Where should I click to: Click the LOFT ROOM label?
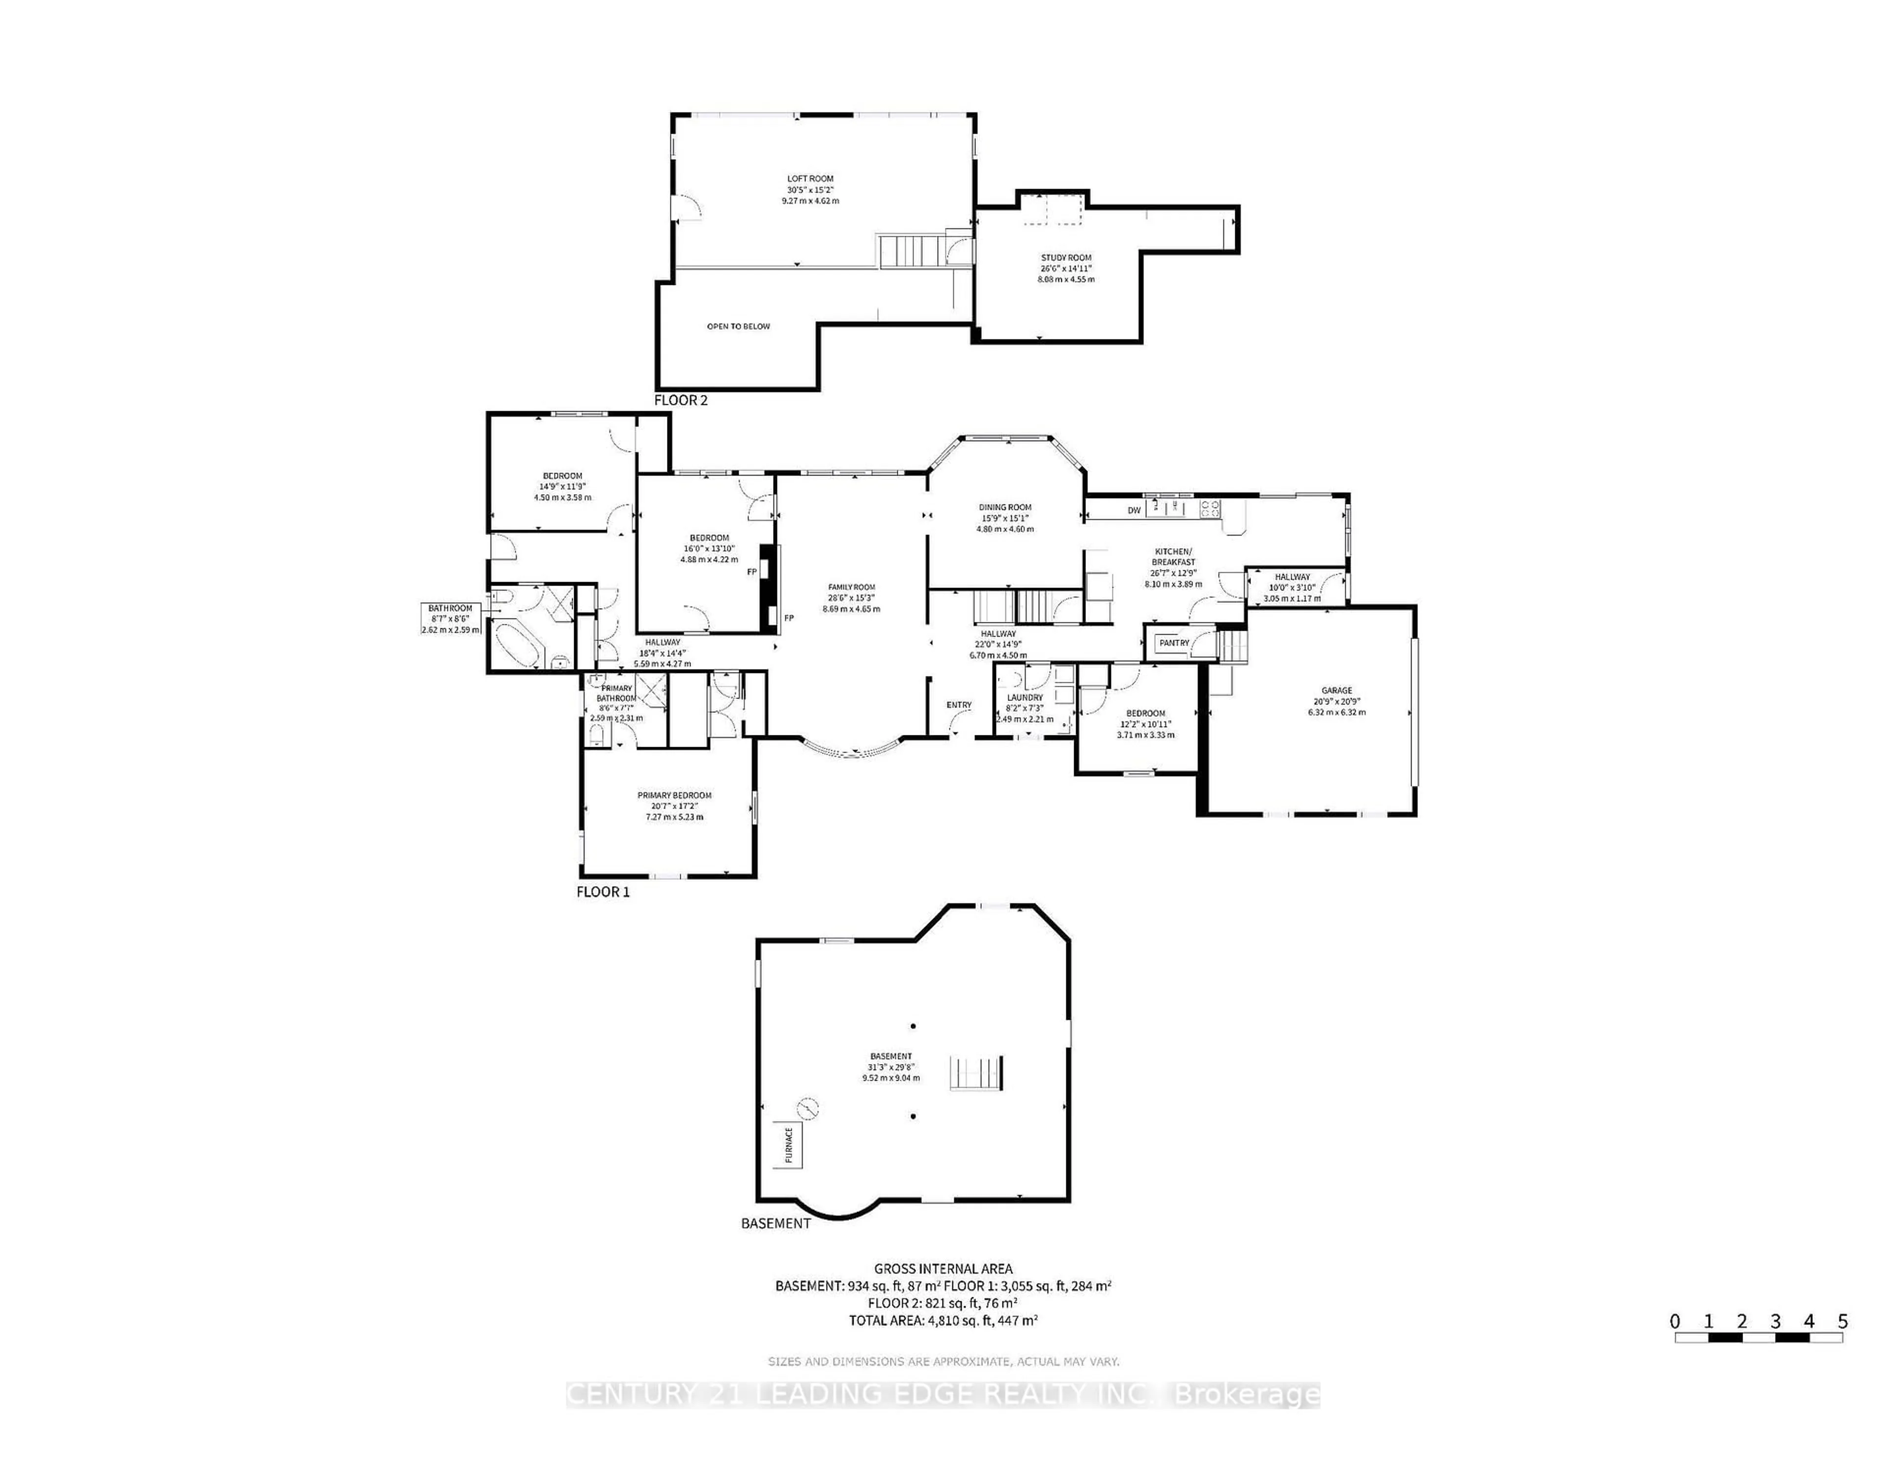tap(810, 179)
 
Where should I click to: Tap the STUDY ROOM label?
tap(1066, 257)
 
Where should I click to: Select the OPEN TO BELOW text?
tap(738, 327)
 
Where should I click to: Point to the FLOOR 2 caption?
tap(680, 400)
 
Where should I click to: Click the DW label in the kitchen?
tap(1134, 510)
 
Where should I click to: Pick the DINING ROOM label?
tap(1005, 508)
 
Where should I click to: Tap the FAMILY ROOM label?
tap(852, 588)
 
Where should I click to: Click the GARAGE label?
tap(1337, 690)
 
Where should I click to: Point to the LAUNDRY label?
tap(1025, 697)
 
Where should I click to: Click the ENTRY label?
tap(959, 705)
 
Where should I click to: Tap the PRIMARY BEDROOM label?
tap(674, 795)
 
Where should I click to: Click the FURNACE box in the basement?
tap(788, 1145)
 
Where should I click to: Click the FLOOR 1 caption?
tap(603, 892)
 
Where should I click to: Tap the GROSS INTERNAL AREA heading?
tap(943, 1269)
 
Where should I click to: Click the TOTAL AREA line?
tap(943, 1320)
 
